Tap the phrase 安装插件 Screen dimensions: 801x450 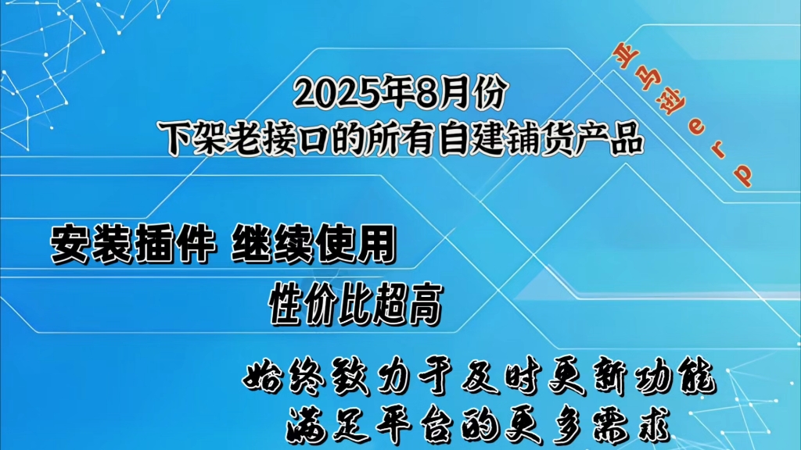132,244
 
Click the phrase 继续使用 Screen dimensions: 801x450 314,244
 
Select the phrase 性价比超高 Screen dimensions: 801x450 356,305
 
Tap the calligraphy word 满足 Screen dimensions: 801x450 328,424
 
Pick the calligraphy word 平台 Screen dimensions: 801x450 414,424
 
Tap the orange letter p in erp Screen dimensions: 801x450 743,174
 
